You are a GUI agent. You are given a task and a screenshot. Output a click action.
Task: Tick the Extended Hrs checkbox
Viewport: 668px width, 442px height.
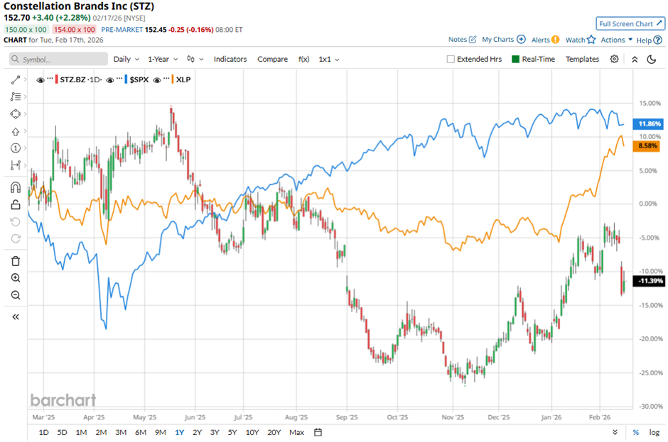click(x=451, y=60)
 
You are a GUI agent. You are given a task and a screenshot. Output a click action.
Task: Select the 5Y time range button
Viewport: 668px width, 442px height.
click(x=232, y=432)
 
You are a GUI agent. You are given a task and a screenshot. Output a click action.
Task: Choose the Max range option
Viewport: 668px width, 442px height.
click(x=297, y=432)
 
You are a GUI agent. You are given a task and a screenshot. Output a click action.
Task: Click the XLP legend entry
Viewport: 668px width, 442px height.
click(x=182, y=79)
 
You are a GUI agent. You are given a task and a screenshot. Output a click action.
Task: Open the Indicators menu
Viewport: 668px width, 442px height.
click(x=230, y=60)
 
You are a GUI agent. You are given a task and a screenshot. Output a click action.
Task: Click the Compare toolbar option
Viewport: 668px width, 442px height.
click(x=272, y=60)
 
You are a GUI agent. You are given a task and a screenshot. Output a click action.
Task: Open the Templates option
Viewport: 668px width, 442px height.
click(x=582, y=60)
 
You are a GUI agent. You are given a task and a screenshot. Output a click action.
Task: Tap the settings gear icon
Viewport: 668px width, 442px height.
click(x=614, y=60)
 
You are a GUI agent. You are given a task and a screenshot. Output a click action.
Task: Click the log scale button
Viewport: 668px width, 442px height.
click(x=653, y=432)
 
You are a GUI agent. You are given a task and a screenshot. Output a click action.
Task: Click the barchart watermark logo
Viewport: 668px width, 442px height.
click(x=63, y=400)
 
